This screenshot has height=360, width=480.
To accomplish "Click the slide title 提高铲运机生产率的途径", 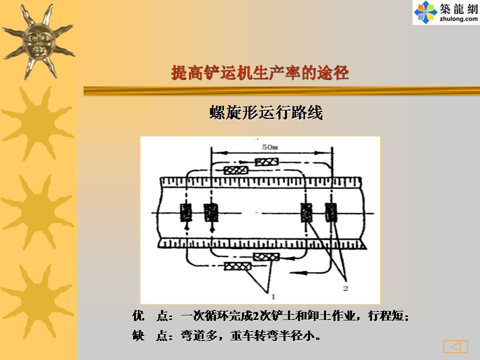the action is point(260,73).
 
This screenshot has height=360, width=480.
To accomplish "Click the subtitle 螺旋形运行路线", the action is point(266,112).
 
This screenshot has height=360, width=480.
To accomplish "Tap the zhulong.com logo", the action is point(446,12).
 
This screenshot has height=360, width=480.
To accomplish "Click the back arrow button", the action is point(455,346).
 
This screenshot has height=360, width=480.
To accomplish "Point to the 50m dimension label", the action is point(269,147).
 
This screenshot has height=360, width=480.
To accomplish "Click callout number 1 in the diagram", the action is point(273,296).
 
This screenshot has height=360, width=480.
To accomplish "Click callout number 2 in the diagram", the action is point(345,288).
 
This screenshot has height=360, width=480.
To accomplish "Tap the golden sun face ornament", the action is point(38,41).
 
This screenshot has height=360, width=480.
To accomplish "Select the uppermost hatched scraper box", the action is point(266,161).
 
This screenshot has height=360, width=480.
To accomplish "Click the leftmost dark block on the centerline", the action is point(186,212).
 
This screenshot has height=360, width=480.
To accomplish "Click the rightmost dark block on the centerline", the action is point(331,212).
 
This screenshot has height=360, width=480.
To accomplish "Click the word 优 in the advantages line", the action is point(138,315).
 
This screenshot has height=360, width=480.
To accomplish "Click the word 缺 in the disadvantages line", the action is point(138,335).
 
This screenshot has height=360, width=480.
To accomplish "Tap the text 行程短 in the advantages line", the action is point(385,315).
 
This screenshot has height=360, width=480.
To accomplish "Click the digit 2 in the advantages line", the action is point(256,316).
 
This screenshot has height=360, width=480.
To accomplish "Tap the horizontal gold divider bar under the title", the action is point(281,91).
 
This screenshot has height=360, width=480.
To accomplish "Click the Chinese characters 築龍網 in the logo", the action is point(459,8).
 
